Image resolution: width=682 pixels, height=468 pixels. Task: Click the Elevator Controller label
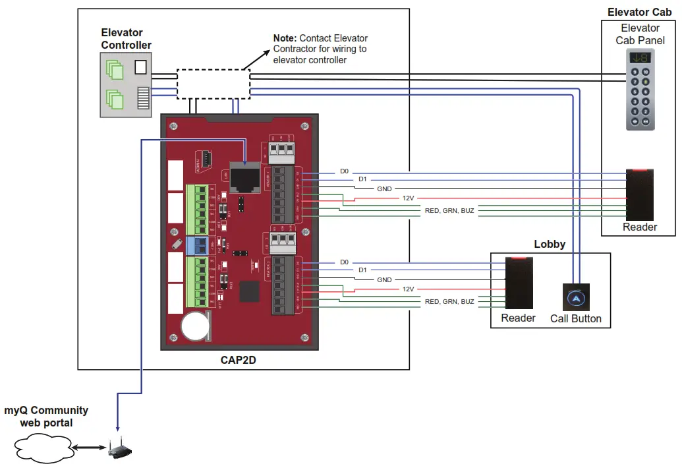click(x=126, y=39)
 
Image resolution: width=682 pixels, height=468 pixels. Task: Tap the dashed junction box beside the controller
click(x=212, y=83)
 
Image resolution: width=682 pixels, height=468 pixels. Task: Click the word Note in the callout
click(x=287, y=38)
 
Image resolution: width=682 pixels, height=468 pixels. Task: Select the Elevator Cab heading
click(x=639, y=13)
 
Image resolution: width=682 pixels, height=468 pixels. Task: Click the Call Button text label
click(x=575, y=319)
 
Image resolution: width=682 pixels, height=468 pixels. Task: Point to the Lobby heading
click(x=550, y=244)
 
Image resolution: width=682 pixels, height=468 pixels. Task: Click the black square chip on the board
click(x=250, y=291)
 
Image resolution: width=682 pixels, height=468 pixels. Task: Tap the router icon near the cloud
click(x=119, y=452)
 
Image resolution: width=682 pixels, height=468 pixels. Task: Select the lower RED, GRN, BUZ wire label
click(x=449, y=302)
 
